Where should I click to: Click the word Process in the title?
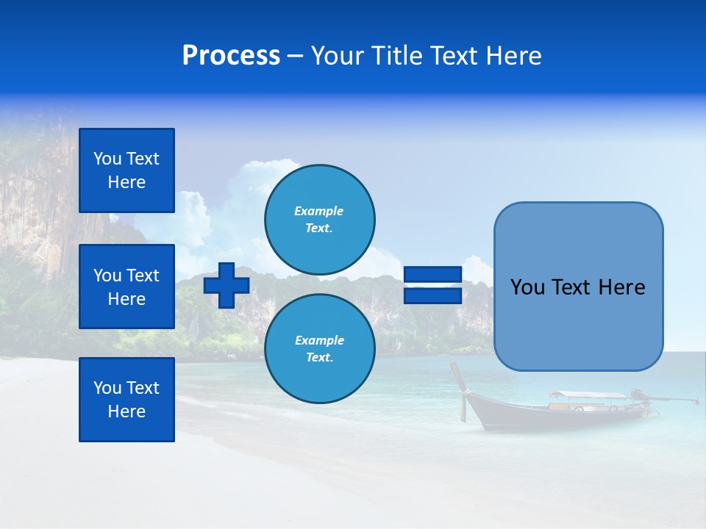pos(231,56)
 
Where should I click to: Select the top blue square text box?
pos(126,170)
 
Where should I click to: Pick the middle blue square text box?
pos(126,287)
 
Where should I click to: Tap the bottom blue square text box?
pos(126,400)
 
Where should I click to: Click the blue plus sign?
pos(227,285)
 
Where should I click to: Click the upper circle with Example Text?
pos(319,220)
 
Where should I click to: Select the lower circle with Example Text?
pos(319,349)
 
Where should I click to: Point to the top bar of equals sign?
pos(432,275)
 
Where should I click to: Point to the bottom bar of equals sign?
pos(432,295)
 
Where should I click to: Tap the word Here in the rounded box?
pos(621,287)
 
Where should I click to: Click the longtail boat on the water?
pos(559,411)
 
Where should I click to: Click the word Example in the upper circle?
pos(319,211)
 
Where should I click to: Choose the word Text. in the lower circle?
pos(319,358)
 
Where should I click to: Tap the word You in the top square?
pos(106,159)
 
